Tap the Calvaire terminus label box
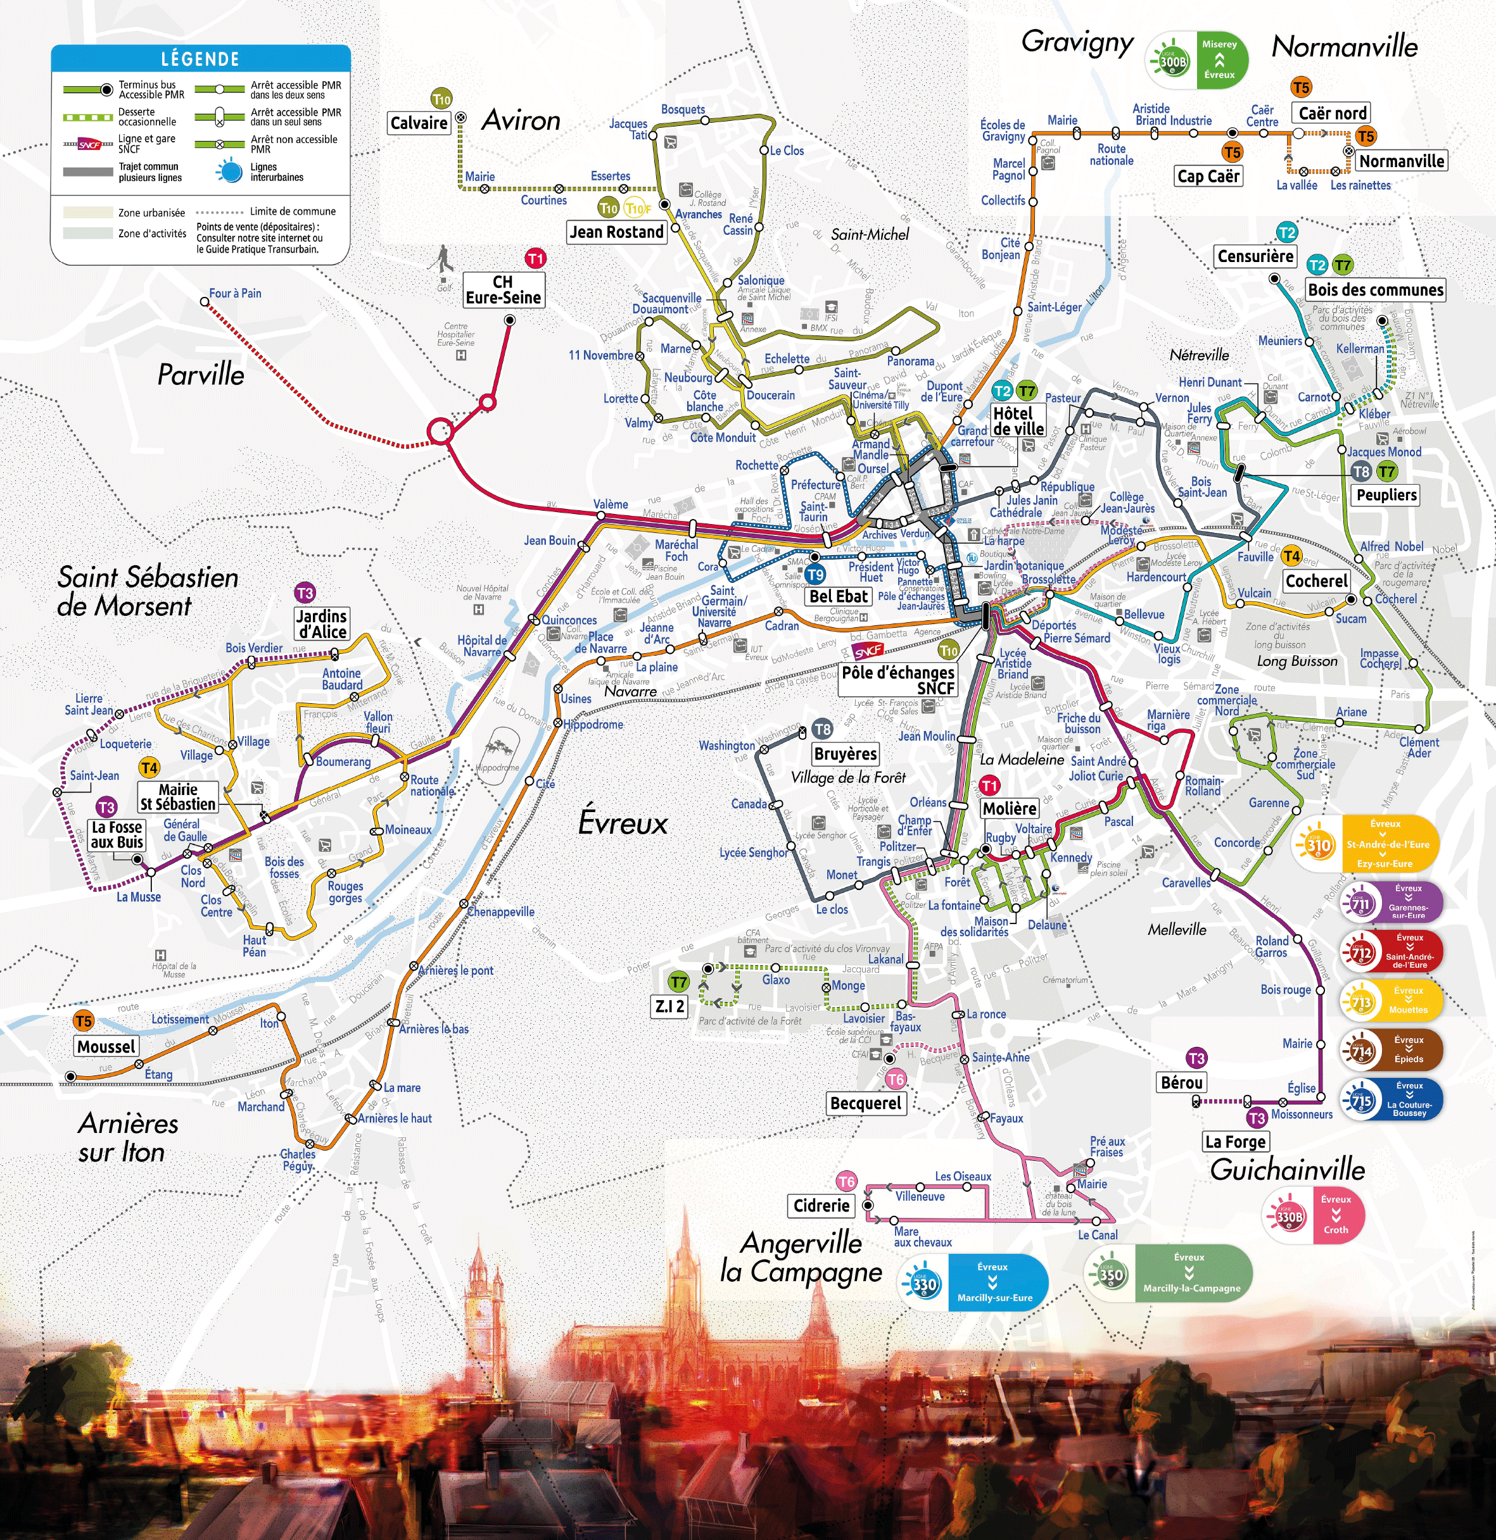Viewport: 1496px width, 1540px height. (419, 123)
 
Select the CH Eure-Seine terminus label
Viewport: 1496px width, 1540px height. (503, 289)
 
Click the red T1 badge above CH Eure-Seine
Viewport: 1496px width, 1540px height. (535, 258)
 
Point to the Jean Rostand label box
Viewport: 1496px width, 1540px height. (616, 232)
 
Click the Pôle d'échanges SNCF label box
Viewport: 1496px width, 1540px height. (897, 680)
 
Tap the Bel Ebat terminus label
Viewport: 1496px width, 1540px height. (838, 596)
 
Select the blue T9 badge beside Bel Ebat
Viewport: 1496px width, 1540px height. (815, 574)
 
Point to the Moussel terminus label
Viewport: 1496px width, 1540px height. (107, 1046)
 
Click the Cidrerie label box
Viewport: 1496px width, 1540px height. (821, 1205)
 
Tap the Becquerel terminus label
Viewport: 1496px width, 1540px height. (866, 1103)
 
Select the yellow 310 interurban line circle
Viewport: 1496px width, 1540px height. (1319, 844)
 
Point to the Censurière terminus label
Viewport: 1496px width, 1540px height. (1255, 256)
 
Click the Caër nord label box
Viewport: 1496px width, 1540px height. (1332, 113)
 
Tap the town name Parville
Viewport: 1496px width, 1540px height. (201, 375)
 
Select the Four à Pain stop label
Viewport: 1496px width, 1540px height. (235, 293)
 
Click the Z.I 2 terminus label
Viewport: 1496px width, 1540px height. (669, 1006)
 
